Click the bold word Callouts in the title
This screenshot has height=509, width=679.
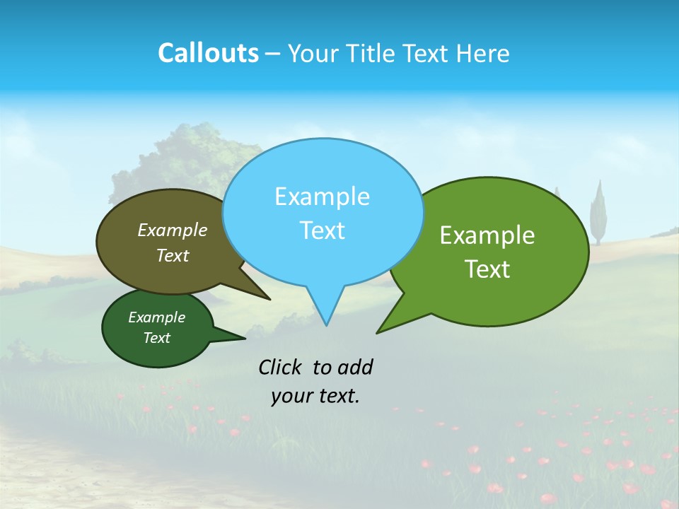pos(208,53)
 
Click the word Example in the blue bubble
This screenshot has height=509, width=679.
pos(322,197)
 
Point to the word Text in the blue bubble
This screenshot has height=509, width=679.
pos(322,230)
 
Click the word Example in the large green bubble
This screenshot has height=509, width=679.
pos(487,235)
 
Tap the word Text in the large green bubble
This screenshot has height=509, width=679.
pos(487,269)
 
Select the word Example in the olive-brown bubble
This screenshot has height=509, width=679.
pos(173,230)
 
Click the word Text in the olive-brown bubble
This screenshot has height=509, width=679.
pos(173,255)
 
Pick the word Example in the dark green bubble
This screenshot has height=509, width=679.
pos(157,317)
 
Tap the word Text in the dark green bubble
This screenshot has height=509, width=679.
pos(157,338)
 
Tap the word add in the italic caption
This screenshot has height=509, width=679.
pos(355,367)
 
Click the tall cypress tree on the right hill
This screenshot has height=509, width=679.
pos(599,211)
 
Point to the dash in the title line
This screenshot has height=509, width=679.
pos(273,54)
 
